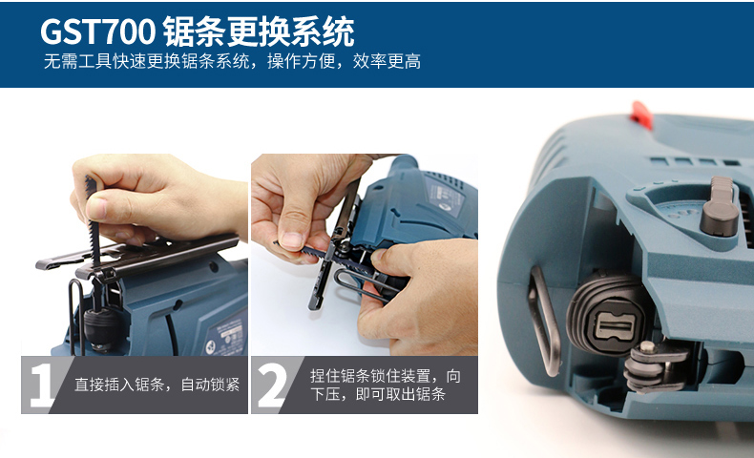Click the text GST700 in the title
[97, 32]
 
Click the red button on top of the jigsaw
[642, 115]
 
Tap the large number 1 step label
[41, 385]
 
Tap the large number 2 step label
[272, 385]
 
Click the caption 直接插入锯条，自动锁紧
[157, 385]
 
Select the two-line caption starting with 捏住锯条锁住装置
[386, 385]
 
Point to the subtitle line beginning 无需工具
[232, 61]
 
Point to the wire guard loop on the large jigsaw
[545, 321]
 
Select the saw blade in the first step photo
[94, 221]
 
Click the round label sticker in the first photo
[210, 347]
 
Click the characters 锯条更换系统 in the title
[259, 32]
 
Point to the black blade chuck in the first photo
[100, 327]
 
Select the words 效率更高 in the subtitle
[387, 61]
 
